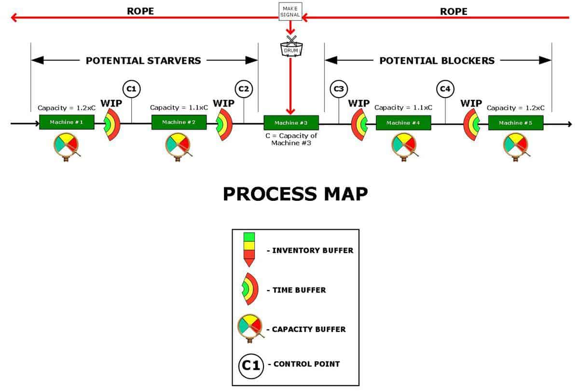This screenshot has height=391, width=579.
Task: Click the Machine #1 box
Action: pos(67,122)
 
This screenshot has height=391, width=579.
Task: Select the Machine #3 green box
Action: pos(291,123)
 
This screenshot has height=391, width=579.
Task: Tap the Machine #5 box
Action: pos(516,123)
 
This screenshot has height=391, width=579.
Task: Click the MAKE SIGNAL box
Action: pos(290,12)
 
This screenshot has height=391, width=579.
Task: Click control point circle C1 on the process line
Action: pos(132,89)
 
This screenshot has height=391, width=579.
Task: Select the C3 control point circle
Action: pos(339,89)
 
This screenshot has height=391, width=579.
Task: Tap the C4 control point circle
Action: pos(445,89)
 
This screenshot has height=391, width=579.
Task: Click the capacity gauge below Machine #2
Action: pos(179,147)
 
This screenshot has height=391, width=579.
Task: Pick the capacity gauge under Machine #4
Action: pos(404,147)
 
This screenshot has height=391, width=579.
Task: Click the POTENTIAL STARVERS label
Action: pos(143,60)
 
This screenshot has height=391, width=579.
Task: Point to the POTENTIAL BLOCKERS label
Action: pos(437,60)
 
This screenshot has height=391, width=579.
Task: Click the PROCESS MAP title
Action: pos(295,194)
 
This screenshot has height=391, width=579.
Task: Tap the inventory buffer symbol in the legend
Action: pos(249,250)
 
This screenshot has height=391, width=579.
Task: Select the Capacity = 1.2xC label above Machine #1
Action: pos(67,108)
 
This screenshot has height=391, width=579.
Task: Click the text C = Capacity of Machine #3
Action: pos(291,139)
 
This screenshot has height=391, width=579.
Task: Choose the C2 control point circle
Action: pos(244,89)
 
